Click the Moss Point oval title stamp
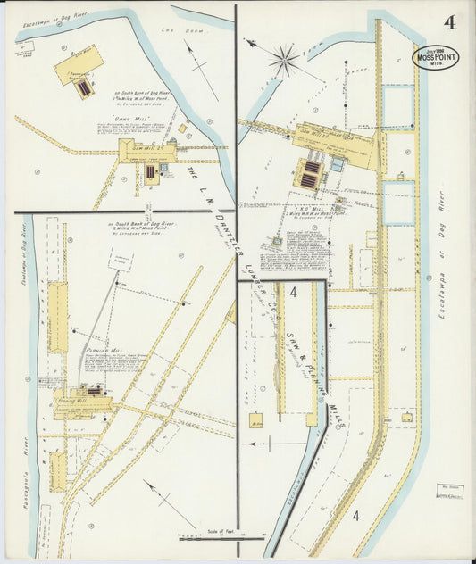435,55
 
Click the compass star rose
283,60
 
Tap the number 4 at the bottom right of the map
355,516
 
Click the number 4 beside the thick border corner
293,293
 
